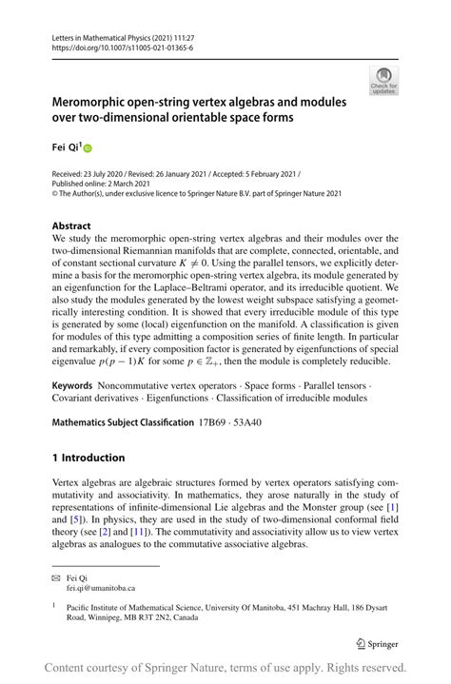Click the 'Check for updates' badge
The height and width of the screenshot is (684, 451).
tap(385, 82)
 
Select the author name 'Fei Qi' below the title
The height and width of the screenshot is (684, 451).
tap(64, 147)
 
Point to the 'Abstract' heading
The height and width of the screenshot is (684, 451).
tap(72, 226)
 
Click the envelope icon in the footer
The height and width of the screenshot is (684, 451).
tap(57, 578)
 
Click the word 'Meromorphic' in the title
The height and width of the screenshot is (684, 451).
tap(95, 103)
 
